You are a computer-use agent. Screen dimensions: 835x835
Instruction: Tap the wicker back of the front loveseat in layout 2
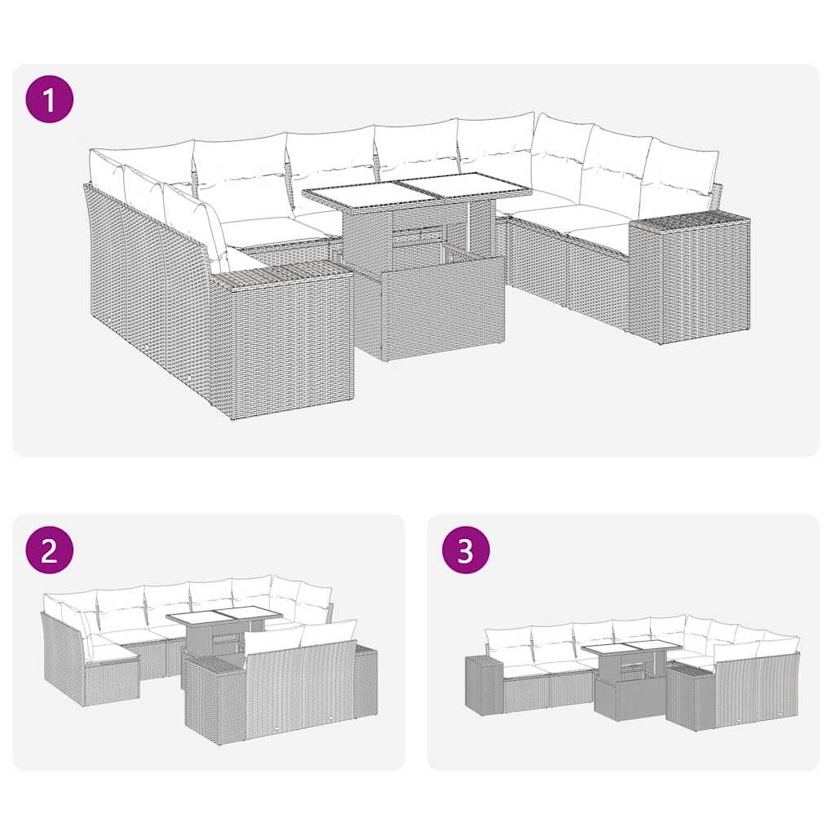pos(302,685)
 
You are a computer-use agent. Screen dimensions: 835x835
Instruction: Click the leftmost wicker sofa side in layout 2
pos(61,660)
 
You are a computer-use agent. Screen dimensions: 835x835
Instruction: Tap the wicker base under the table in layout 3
pos(630,697)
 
